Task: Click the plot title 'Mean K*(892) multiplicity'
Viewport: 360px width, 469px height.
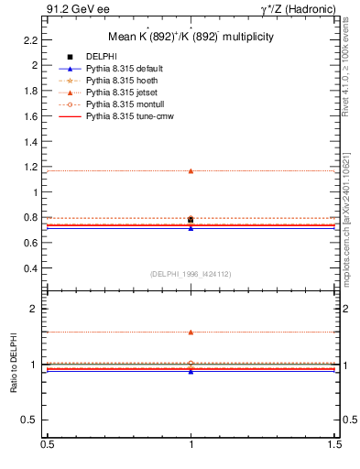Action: pyautogui.click(x=191, y=37)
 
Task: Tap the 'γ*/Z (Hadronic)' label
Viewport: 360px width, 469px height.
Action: pyautogui.click(x=297, y=9)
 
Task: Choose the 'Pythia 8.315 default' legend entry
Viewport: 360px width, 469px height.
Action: pyautogui.click(x=125, y=70)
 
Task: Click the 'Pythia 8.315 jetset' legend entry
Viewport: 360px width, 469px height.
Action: pyautogui.click(x=123, y=93)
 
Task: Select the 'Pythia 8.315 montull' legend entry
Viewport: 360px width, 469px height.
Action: pyautogui.click(x=125, y=105)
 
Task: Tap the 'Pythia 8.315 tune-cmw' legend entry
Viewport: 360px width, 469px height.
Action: pyautogui.click(x=129, y=117)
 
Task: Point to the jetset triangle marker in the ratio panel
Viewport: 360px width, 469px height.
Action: pyautogui.click(x=191, y=332)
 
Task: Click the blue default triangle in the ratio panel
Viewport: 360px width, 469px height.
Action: pyautogui.click(x=191, y=371)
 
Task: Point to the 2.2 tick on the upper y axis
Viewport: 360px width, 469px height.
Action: pyautogui.click(x=32, y=40)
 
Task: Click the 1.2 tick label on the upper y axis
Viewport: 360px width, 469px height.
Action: pyautogui.click(x=32, y=168)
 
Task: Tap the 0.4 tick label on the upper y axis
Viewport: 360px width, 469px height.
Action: pyautogui.click(x=32, y=269)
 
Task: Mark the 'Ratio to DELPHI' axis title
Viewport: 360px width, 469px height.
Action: pyautogui.click(x=14, y=365)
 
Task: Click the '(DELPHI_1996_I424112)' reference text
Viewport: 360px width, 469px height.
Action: pyautogui.click(x=191, y=273)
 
